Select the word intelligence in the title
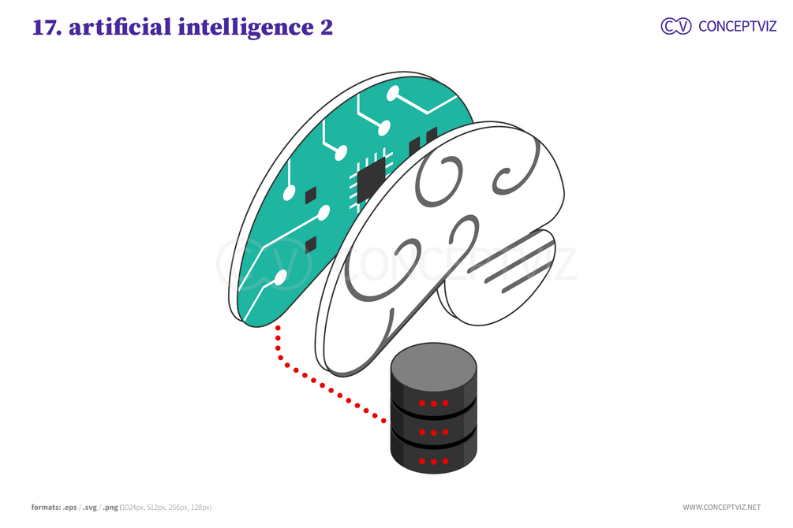pos(245,28)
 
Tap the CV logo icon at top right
pos(675,26)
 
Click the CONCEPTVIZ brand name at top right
pos(737,26)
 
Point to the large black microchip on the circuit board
pos(371,180)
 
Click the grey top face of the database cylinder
pos(433,366)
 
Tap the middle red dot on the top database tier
pos(433,403)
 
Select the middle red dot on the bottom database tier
pos(433,461)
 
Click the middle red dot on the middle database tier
pos(433,433)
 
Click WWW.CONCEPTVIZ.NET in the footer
pos(722,508)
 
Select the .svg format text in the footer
pos(89,508)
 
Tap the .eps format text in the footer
pos(69,508)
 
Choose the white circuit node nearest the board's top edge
pos(392,93)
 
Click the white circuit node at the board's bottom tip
pos(279,277)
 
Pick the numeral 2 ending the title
pos(327,28)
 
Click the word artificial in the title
pos(120,27)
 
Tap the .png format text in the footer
pos(110,508)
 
